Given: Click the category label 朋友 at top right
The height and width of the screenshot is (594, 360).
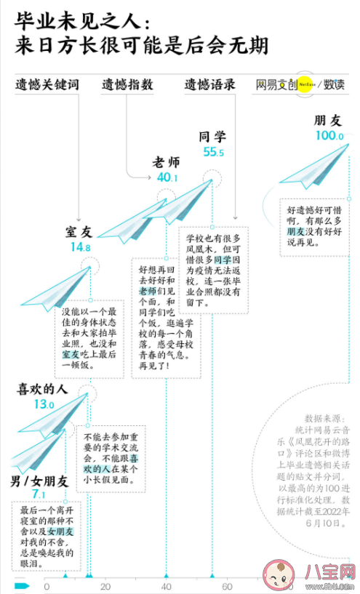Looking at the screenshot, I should pyautogui.click(x=327, y=120).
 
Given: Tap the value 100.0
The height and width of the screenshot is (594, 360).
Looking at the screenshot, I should pyautogui.click(x=329, y=136).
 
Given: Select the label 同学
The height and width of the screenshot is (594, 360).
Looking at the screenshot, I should pyautogui.click(x=212, y=136).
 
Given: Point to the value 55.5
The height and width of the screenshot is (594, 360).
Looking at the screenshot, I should pyautogui.click(x=213, y=152).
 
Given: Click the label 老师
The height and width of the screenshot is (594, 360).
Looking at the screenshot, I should pyautogui.click(x=166, y=161).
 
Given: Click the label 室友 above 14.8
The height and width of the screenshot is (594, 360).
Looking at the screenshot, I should pyautogui.click(x=79, y=231).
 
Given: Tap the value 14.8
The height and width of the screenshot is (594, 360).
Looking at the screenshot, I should pyautogui.click(x=80, y=247).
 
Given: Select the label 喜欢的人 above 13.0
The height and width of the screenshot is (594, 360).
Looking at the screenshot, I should pyautogui.click(x=42, y=389).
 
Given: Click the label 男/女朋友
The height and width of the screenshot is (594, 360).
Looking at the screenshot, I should pyautogui.click(x=39, y=481).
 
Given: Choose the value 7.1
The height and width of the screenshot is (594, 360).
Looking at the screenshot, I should pyautogui.click(x=39, y=495).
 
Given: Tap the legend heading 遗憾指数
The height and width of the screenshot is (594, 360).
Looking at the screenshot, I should pyautogui.click(x=127, y=84).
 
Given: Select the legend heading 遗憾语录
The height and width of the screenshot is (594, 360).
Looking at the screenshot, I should pyautogui.click(x=210, y=84).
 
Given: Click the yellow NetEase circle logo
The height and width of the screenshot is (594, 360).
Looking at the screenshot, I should pyautogui.click(x=306, y=84).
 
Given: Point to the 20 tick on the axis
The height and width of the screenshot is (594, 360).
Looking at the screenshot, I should pyautogui.click(x=106, y=587).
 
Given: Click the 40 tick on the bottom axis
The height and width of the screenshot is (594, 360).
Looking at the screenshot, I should pyautogui.click(x=167, y=587).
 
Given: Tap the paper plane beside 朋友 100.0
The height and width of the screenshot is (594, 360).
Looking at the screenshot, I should pyautogui.click(x=314, y=169).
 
